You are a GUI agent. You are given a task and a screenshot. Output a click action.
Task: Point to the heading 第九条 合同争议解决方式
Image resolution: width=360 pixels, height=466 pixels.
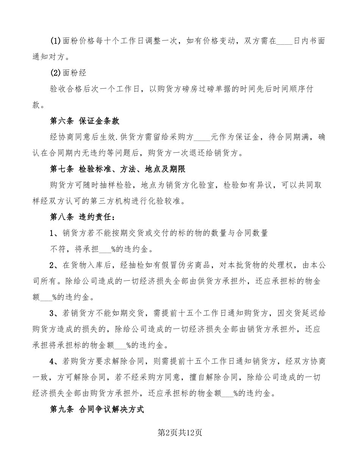click(x=97, y=410)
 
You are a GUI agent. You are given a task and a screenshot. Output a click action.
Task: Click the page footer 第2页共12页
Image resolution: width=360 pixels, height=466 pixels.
click(x=180, y=433)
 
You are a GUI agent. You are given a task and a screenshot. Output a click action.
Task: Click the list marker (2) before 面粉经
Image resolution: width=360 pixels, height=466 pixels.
click(x=55, y=73)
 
